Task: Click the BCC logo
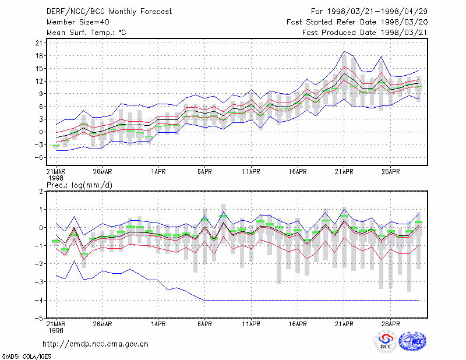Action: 386,341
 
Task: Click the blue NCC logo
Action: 412,341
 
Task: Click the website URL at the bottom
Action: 96,344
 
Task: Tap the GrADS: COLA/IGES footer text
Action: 26,357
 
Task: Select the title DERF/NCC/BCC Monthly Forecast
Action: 109,12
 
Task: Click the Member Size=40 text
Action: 78,22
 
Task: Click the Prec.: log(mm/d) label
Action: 79,185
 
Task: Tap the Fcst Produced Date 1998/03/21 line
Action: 365,33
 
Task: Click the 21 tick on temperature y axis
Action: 39,43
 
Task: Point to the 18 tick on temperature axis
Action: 39,56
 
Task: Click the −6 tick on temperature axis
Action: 38,157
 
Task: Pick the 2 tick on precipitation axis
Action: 41,192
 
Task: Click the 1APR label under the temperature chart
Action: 158,172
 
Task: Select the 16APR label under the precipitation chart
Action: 298,324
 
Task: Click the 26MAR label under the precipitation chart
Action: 103,324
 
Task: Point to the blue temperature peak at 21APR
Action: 344,51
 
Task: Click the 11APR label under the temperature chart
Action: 251,172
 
